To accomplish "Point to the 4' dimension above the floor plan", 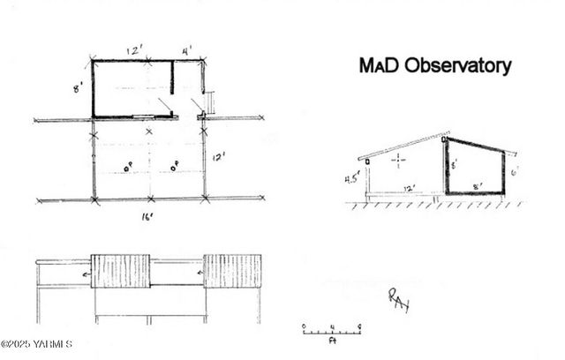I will tap(187, 50).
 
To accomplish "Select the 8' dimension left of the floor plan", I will tap(78, 88).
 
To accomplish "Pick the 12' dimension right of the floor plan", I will tap(218, 157).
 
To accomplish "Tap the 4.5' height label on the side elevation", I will tap(352, 179).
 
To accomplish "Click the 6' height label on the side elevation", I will tap(513, 171).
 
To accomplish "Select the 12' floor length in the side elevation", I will tap(409, 188).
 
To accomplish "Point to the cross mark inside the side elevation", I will tap(399, 161).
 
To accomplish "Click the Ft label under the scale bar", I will tap(332, 339).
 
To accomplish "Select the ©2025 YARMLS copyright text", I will tap(36, 344).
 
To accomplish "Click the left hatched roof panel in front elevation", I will tap(120, 271).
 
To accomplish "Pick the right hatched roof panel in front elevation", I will tap(232, 271).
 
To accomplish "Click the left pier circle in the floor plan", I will tap(128, 164).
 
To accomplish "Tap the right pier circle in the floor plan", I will tap(175, 164).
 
